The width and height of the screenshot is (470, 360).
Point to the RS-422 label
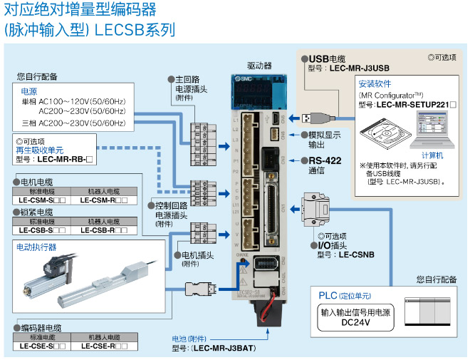tap(324, 160)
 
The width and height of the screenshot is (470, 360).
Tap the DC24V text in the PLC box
tap(355, 323)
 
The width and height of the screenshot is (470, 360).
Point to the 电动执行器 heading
tap(37, 247)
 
